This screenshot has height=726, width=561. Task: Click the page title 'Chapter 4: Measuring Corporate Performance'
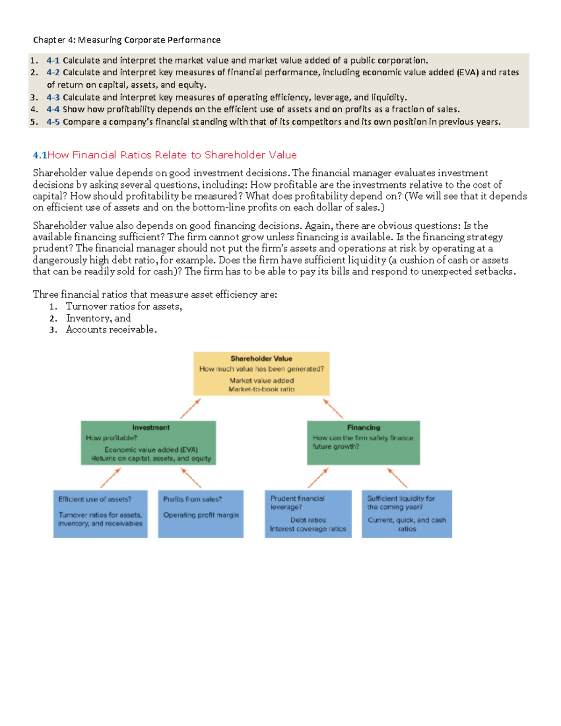127,40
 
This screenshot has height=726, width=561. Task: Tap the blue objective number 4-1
53,60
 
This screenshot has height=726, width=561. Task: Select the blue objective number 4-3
53,97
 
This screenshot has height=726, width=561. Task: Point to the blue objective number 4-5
53,122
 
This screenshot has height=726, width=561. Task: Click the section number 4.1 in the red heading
40,155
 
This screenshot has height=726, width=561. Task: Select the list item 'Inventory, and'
98,318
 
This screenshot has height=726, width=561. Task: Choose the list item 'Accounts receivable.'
111,330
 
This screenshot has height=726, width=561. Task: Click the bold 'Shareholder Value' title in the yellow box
261,359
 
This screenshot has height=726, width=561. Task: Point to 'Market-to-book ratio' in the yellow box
261,389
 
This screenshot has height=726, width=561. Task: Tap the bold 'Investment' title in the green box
151,427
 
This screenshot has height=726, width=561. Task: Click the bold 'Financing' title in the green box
363,427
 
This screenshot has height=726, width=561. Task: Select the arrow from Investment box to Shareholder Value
191,408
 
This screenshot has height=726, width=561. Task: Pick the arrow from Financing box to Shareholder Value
333,408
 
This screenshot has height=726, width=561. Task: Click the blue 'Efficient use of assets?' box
101,513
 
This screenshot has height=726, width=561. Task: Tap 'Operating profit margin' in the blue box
201,515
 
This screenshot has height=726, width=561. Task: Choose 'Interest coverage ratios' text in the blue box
308,529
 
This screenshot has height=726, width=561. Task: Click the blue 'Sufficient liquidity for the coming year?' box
407,513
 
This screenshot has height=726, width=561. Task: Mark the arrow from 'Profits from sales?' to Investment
191,478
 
